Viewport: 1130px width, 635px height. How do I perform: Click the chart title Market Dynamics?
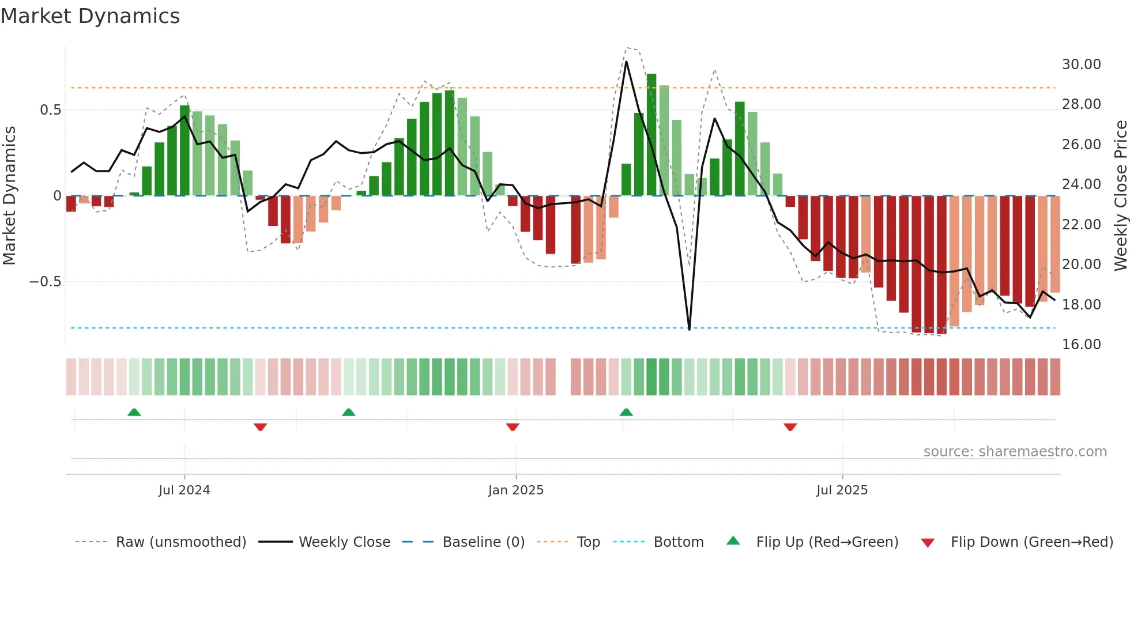click(90, 16)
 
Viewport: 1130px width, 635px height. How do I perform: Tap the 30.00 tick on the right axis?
click(1081, 65)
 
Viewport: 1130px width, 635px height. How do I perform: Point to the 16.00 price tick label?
click(1081, 345)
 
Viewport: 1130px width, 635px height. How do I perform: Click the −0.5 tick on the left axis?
click(45, 282)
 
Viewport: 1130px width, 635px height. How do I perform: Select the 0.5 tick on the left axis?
click(50, 110)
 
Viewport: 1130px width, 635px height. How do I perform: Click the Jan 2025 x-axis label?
click(515, 490)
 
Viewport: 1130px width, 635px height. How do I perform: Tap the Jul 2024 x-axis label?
click(184, 490)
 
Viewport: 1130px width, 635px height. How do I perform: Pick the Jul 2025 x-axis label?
click(842, 490)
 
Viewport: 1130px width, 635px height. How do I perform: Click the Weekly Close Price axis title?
click(1120, 195)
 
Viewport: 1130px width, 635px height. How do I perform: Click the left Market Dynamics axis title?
click(9, 195)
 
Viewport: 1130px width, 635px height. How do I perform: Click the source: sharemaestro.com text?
click(1015, 452)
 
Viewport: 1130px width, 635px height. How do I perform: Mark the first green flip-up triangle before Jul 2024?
click(134, 412)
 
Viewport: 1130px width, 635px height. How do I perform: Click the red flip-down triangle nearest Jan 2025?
click(513, 427)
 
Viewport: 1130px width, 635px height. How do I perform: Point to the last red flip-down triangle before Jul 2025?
click(790, 427)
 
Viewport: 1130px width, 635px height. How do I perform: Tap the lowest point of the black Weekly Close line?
click(689, 329)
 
